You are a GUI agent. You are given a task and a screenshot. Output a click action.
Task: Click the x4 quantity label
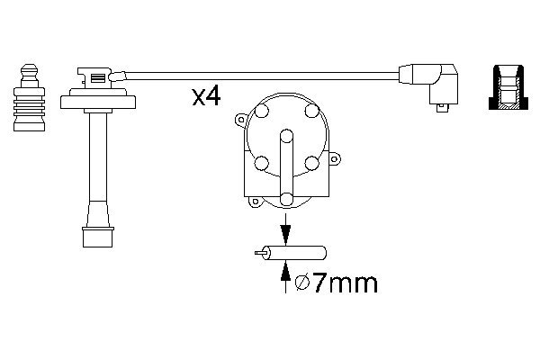click(206, 97)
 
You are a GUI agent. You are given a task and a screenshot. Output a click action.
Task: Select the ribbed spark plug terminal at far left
click(29, 96)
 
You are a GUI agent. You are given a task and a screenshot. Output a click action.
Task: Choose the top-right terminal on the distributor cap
click(311, 112)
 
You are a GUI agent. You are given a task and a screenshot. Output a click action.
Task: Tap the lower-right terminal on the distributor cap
click(311, 163)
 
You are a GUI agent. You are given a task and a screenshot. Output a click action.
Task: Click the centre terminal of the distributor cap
click(286, 137)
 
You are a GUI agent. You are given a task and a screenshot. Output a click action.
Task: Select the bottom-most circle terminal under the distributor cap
click(286, 199)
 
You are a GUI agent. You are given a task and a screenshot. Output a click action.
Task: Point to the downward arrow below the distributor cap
click(286, 232)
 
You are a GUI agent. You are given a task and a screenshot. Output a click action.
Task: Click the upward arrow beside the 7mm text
click(286, 274)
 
